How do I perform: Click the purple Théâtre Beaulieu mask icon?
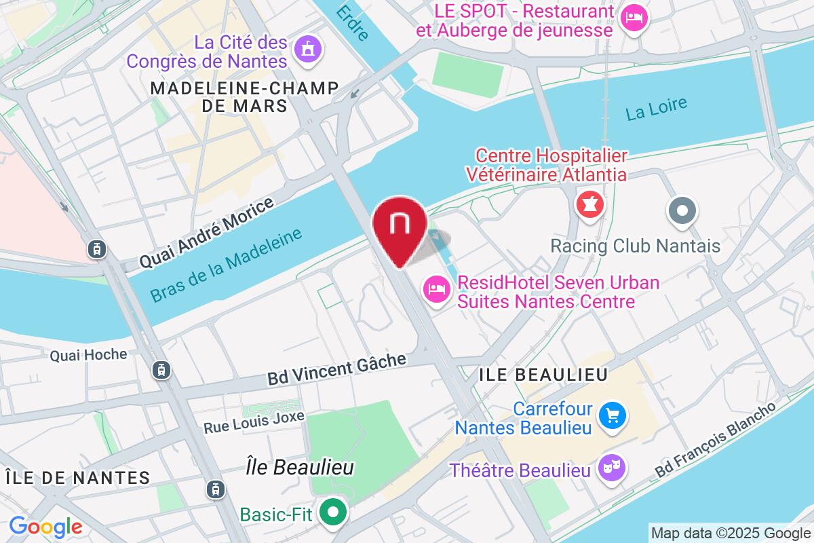point(613,468)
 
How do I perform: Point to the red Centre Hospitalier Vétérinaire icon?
point(587,204)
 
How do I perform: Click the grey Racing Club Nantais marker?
point(682,210)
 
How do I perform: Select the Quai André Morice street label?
point(206,232)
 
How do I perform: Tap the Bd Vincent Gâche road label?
point(336,369)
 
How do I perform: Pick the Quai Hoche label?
point(88,354)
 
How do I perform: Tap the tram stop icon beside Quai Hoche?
point(161,370)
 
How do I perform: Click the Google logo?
point(45,527)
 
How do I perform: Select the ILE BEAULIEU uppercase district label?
point(543,374)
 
